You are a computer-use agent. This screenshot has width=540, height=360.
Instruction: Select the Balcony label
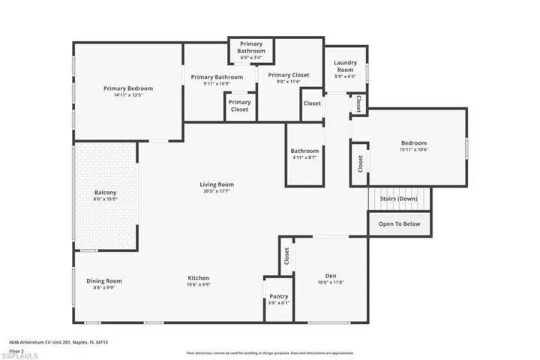(x=105, y=193)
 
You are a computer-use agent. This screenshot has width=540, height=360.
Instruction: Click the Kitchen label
(x=198, y=278)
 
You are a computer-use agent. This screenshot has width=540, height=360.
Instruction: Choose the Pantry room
(x=278, y=299)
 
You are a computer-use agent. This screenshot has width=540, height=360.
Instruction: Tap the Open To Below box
(x=399, y=223)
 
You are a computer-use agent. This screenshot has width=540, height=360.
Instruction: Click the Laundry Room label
(x=345, y=66)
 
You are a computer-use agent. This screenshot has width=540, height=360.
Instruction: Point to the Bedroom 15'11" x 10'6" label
(x=413, y=143)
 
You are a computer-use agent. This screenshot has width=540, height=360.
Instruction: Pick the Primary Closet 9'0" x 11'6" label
(x=289, y=75)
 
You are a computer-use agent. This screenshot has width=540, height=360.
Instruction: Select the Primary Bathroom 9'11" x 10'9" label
(x=217, y=77)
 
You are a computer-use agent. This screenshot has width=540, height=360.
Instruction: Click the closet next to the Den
(x=286, y=256)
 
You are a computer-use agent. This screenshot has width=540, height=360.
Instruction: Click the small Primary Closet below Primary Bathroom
(x=240, y=106)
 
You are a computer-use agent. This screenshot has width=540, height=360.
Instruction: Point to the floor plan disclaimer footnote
(x=269, y=353)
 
